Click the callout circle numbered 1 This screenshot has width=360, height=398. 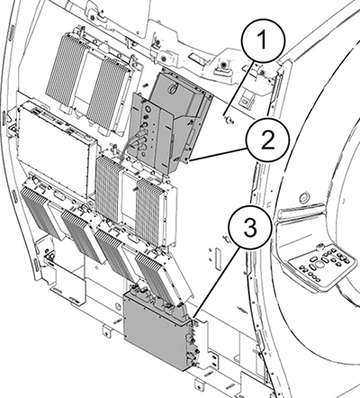click(x=263, y=41)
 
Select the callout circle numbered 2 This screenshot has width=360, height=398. click(x=267, y=140)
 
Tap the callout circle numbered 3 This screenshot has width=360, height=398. click(x=250, y=227)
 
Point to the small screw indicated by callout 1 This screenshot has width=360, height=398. click(x=230, y=121)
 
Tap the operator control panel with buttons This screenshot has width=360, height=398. click(x=322, y=265)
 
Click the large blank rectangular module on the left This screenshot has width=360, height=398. click(x=56, y=150)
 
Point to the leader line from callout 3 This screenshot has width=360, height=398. click(x=217, y=280)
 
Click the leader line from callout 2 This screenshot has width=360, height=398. click(x=219, y=154)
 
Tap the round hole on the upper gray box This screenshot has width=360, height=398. click(x=174, y=88)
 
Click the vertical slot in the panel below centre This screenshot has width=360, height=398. click(x=218, y=258)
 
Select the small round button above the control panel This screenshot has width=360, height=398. click(x=304, y=197)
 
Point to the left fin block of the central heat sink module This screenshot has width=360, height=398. click(x=108, y=189)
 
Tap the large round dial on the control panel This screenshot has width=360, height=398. click(x=319, y=264)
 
